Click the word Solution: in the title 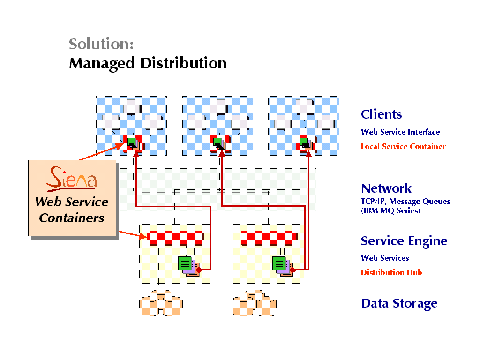[101, 44]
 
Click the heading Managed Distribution [148, 63]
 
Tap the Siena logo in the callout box [72, 179]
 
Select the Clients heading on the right [381, 114]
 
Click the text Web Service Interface [400, 132]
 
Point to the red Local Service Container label [403, 146]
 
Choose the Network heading [386, 188]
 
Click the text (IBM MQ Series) [390, 211]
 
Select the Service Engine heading [404, 241]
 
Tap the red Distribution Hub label [391, 272]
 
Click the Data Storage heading [399, 303]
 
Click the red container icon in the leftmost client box [134, 143]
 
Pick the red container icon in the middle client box [220, 143]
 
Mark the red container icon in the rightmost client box [306, 143]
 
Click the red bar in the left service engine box [175, 238]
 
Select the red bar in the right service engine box [269, 238]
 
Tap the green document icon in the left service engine [185, 263]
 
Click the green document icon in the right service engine [278, 263]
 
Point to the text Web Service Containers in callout [72, 210]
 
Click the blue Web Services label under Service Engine [385, 258]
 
